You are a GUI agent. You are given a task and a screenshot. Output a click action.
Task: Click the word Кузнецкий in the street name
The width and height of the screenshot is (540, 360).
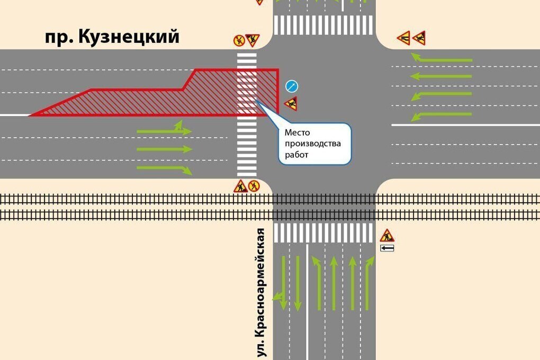[x=129, y=37]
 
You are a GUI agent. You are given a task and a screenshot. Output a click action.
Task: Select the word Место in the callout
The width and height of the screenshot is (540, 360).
[x=297, y=133]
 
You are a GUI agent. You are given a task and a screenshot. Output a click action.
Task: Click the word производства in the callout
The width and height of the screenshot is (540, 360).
[x=313, y=144]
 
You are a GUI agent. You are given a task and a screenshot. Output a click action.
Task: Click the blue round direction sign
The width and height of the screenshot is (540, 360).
[x=292, y=86]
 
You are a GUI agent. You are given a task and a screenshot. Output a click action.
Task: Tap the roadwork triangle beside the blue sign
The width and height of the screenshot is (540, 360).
[x=291, y=103]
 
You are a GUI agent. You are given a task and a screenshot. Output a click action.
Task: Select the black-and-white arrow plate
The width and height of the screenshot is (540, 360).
[x=387, y=248]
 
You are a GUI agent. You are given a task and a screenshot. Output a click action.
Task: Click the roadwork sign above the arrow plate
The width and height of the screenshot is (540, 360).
[x=387, y=235]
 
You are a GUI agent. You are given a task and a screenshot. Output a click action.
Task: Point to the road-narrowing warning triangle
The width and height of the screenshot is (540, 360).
[x=404, y=38]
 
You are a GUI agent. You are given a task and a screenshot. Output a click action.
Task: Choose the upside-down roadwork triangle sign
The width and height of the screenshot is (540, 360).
[x=253, y=40]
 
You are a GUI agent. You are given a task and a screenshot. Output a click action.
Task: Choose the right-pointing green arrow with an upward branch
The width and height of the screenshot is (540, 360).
[x=165, y=130]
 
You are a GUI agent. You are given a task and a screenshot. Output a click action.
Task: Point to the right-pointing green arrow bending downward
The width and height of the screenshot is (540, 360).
[x=165, y=169]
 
